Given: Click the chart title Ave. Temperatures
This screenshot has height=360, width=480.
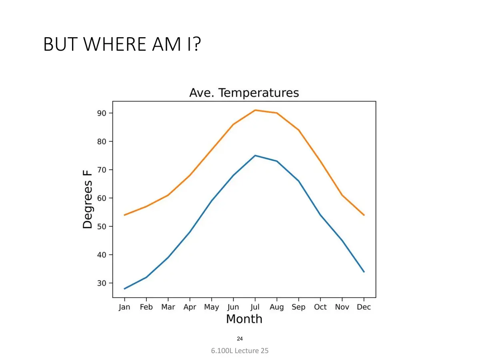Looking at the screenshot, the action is [x=244, y=93].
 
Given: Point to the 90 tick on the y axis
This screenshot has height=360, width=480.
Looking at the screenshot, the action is [x=102, y=113].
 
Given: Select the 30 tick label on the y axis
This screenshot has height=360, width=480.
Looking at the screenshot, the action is [x=102, y=283].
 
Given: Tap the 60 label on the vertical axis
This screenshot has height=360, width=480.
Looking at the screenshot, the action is [x=102, y=198].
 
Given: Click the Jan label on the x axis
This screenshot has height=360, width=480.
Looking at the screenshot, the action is [x=124, y=307].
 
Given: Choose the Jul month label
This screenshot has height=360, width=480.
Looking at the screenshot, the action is [x=255, y=307].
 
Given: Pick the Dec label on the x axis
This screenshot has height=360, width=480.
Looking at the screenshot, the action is [x=364, y=307].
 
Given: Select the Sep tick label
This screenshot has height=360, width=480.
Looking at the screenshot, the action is [x=298, y=307].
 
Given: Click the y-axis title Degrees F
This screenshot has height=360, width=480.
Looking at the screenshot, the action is [x=88, y=199].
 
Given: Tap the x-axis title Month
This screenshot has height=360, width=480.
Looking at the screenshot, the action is [x=244, y=319].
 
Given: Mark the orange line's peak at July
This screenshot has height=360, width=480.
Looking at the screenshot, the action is [x=255, y=110].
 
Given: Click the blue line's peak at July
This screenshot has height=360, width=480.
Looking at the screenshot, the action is [x=255, y=156].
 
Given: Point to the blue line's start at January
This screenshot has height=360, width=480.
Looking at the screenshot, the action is [x=124, y=289].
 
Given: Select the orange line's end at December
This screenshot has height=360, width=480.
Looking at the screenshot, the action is [x=364, y=215].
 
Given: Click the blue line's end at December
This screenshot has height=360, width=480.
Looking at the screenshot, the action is [x=364, y=272].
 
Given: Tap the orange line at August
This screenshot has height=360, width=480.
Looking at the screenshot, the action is [x=277, y=113].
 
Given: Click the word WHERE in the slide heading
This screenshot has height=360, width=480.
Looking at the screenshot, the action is [x=114, y=44].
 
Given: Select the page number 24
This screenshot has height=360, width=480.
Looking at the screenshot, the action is [x=240, y=339].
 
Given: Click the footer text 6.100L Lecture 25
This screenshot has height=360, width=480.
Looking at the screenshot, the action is [x=240, y=351].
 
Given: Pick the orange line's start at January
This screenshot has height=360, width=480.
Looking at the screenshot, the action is [x=124, y=215].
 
